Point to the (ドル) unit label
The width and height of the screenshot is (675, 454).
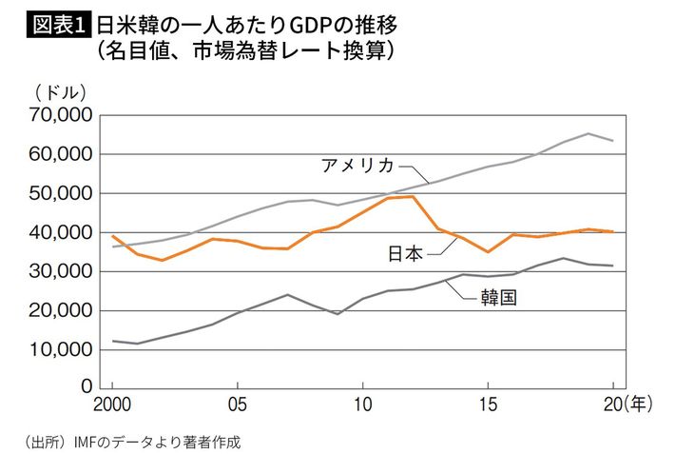point(59,92)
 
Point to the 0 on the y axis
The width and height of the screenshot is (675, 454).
point(86,388)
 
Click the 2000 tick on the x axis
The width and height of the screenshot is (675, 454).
point(113,404)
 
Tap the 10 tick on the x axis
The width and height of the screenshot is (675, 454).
point(362,404)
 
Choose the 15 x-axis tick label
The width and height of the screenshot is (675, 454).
point(487,404)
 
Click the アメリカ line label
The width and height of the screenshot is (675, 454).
point(357,164)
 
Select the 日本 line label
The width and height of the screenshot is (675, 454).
point(407,253)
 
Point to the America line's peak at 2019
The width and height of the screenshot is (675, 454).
point(588,133)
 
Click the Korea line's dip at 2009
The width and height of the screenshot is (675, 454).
point(337,314)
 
